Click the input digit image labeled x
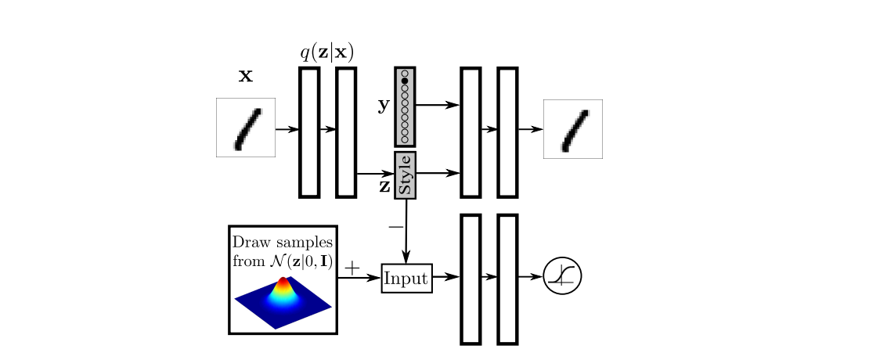click(x=246, y=128)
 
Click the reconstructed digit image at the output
click(x=572, y=129)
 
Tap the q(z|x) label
click(x=327, y=52)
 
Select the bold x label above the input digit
click(x=246, y=77)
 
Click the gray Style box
click(x=405, y=175)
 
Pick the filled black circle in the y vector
click(x=405, y=81)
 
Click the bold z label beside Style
click(x=384, y=186)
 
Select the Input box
click(x=407, y=278)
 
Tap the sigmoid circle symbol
click(x=563, y=275)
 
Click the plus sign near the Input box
click(x=352, y=268)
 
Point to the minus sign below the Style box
click(x=395, y=226)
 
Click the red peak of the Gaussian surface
click(x=283, y=282)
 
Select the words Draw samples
click(x=283, y=242)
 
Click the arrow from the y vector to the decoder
click(x=438, y=105)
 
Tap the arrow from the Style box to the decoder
click(x=438, y=174)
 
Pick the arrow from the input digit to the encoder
click(x=287, y=130)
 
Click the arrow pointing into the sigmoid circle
click(x=530, y=276)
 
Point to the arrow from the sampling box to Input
click(x=359, y=276)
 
